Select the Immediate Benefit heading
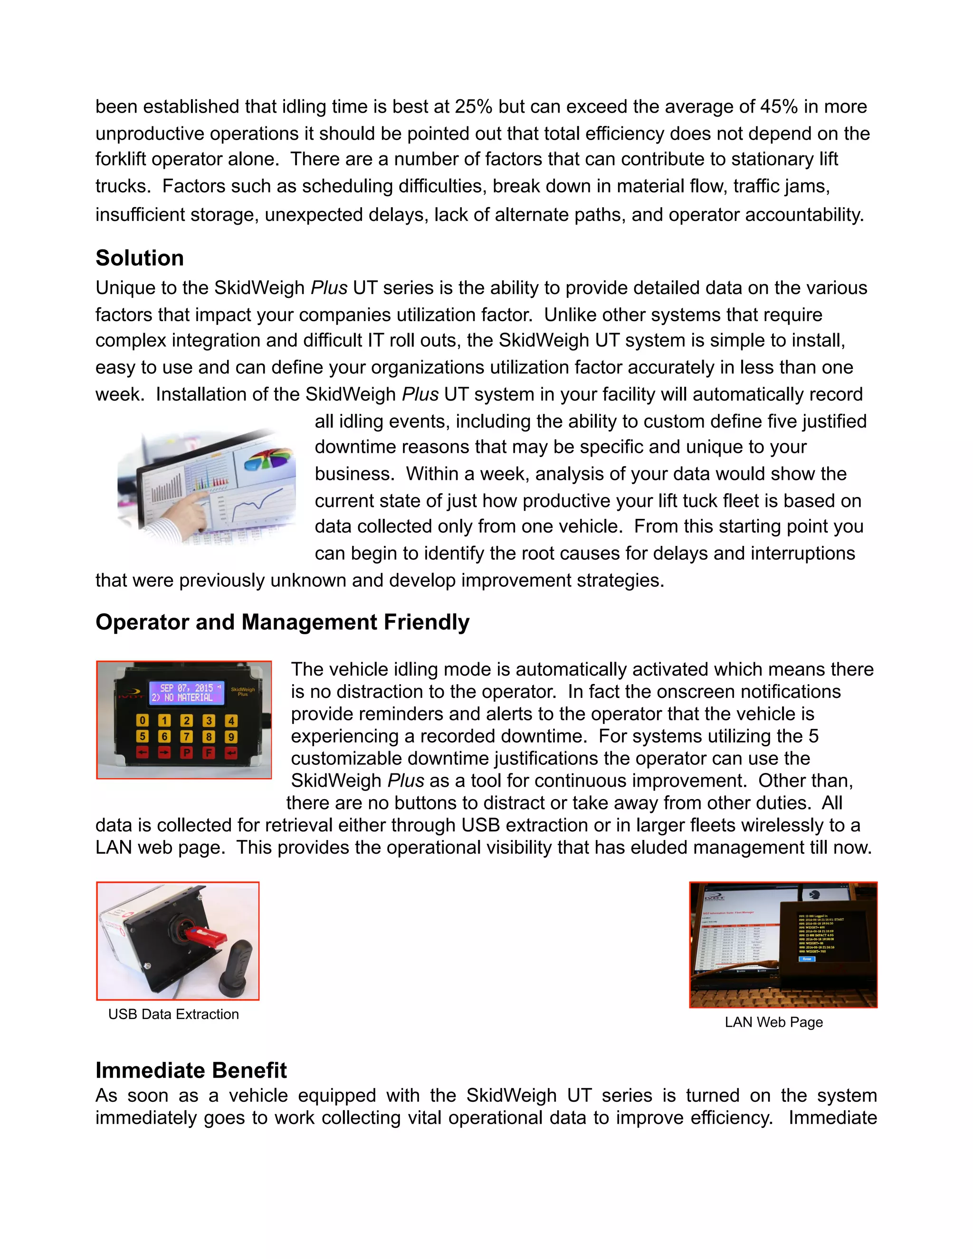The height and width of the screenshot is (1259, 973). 191,1070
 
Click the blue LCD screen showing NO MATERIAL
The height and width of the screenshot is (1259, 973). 187,692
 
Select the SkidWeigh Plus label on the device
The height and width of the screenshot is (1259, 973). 243,691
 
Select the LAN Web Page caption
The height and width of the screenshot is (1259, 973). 773,1022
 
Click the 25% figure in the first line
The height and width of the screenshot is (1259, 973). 473,106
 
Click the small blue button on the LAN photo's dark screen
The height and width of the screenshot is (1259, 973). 806,959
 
